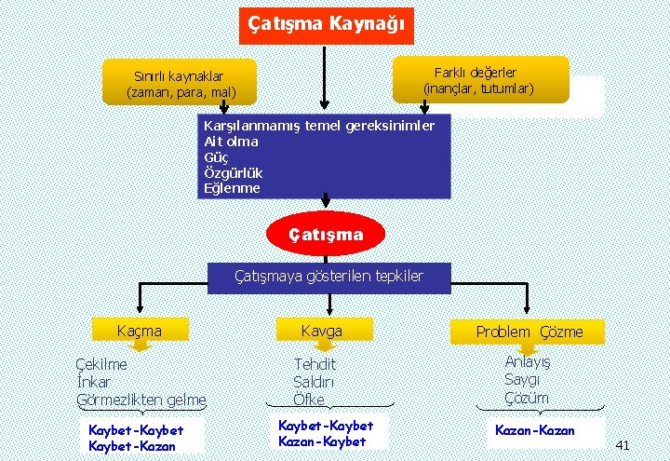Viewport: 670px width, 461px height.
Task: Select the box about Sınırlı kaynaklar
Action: (181, 84)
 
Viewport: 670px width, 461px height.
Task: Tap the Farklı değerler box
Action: (480, 79)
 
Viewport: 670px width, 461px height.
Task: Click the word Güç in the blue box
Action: (215, 157)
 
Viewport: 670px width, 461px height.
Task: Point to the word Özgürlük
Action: (233, 173)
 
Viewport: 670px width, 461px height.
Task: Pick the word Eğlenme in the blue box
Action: (232, 188)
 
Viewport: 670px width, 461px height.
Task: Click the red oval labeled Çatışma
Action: (325, 235)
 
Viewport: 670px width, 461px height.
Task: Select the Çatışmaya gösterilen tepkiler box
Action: (328, 276)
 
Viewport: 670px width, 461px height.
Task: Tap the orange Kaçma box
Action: (139, 330)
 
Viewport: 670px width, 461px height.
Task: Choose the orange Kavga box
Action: (322, 330)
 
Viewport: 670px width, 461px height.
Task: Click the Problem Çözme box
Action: (529, 332)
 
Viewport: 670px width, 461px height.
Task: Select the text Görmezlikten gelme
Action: (141, 400)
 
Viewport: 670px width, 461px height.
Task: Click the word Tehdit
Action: (315, 365)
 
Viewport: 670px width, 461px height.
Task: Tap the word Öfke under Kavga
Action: (309, 400)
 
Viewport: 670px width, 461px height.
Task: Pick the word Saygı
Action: (522, 380)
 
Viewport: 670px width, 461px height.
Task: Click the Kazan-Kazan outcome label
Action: (535, 430)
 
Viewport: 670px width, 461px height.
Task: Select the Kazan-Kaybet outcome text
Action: (322, 441)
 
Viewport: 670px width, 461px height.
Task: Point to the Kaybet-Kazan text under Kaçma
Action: (131, 446)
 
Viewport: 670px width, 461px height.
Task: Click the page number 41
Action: (623, 445)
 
